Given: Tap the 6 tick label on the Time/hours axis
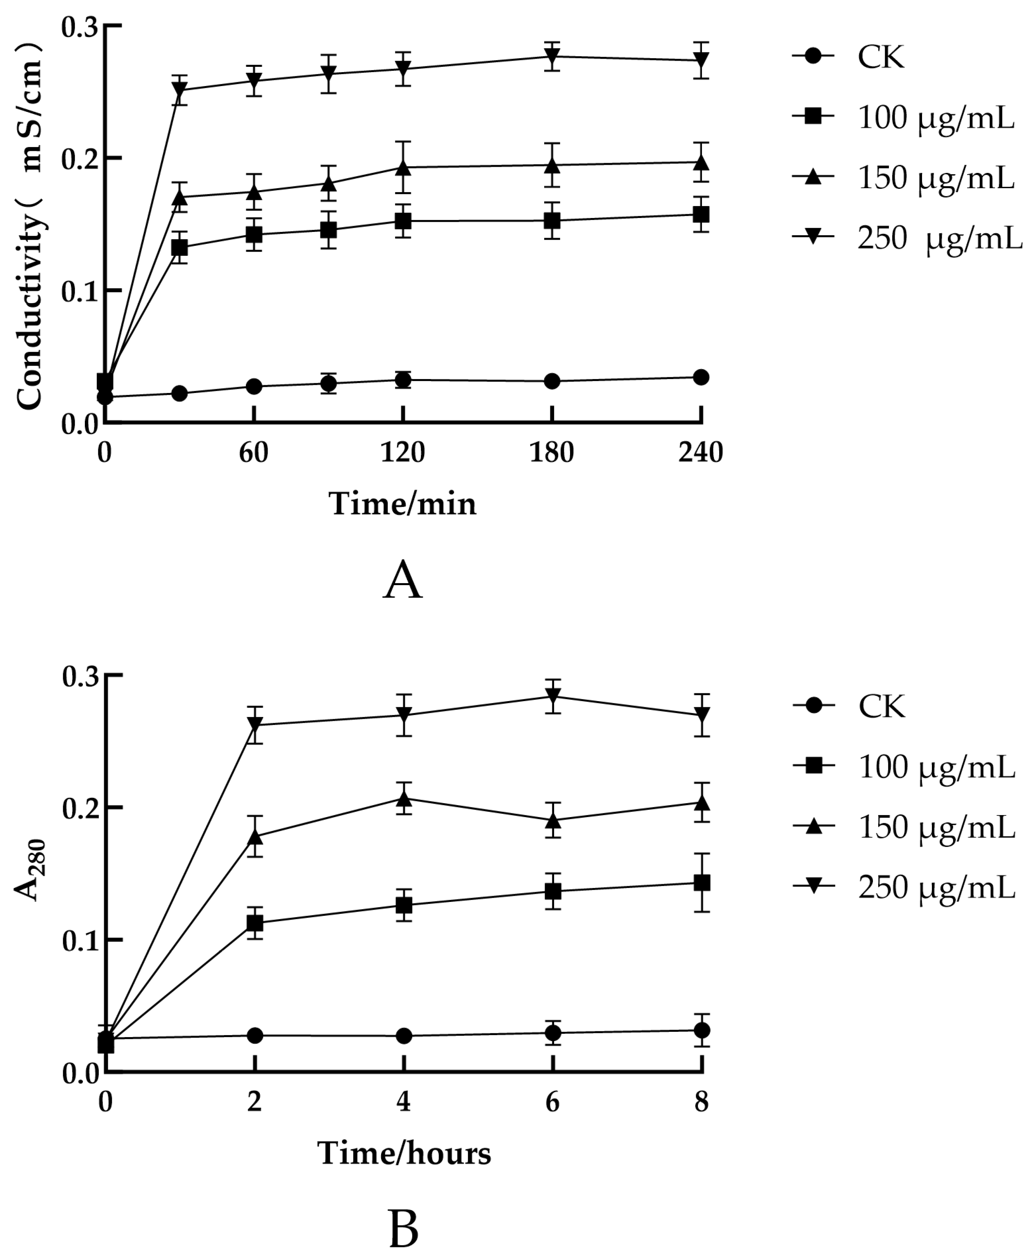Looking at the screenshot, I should tap(552, 1102).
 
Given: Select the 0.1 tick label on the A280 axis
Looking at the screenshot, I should tap(80, 940).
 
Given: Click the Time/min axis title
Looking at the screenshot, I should tap(402, 504).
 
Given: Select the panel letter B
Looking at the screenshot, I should tap(404, 1230).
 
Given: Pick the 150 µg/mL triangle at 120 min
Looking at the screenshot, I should tap(403, 168).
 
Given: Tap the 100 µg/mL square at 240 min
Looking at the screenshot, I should tap(701, 214).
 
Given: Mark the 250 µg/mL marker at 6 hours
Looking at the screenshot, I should tap(552, 696).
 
